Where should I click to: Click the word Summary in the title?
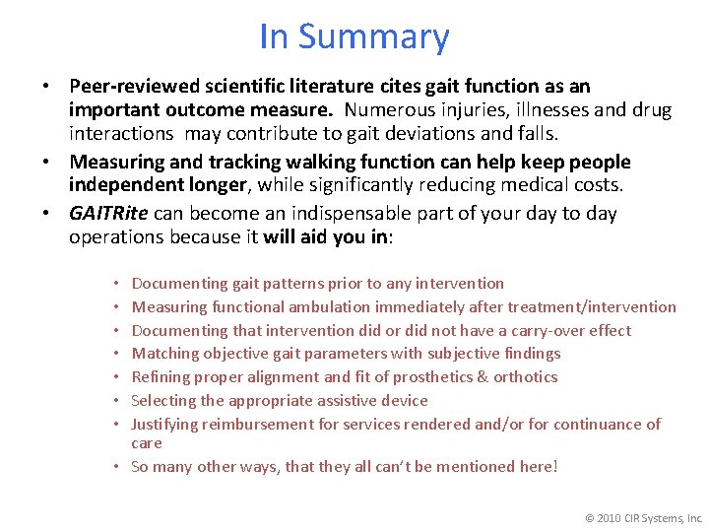[373, 37]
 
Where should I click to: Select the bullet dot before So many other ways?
[118, 467]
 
